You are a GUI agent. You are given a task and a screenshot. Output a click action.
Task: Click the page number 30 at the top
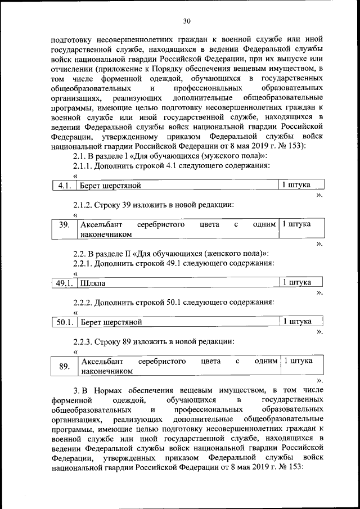187,21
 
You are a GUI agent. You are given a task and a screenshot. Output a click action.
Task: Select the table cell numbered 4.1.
63,185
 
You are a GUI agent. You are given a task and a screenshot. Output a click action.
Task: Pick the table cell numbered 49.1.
64,283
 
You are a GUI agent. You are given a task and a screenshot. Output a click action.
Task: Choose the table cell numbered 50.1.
64,322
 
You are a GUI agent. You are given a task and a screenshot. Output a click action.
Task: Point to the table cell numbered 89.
64,366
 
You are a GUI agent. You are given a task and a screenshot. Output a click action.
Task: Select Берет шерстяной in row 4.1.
110,185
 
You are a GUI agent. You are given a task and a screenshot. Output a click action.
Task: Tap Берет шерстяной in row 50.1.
111,322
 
